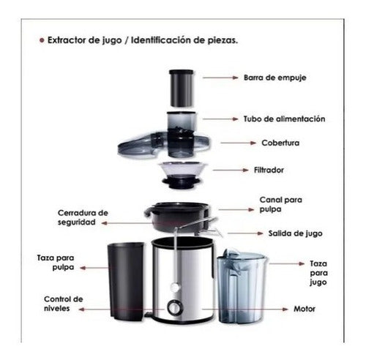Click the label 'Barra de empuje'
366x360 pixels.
coord(274,78)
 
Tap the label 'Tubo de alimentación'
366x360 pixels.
coord(284,119)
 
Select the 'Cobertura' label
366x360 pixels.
coord(280,143)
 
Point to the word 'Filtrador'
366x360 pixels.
coord(269,170)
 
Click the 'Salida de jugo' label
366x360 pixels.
coord(295,233)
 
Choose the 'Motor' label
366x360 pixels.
coord(305,309)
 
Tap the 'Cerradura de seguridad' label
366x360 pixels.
coord(83,217)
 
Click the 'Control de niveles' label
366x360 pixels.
coord(64,304)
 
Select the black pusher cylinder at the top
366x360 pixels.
coord(182,89)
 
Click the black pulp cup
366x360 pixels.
coord(126,280)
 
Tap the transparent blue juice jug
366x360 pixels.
coord(242,286)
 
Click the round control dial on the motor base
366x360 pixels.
coord(174,307)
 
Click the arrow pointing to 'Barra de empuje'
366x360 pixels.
coord(220,78)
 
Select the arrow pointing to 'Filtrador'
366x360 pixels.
coord(231,170)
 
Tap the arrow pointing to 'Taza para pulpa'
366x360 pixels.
coord(94,268)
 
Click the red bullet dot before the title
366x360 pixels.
coord(42,40)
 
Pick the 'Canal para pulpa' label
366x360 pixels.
coord(280,204)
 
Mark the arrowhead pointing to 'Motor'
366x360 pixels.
coord(285,310)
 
